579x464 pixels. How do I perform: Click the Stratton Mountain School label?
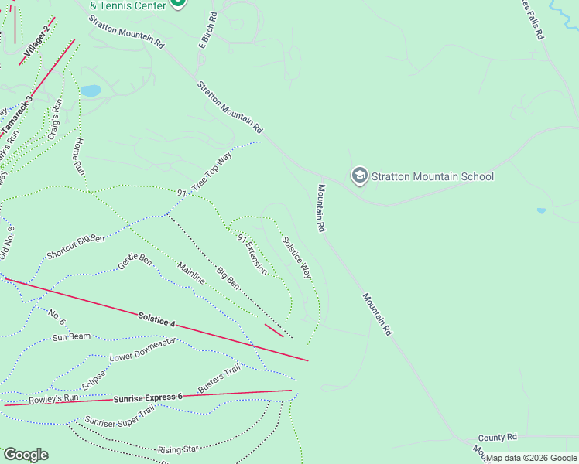(432, 176)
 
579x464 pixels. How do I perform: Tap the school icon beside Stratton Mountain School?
(359, 176)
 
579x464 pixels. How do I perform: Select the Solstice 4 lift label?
(157, 318)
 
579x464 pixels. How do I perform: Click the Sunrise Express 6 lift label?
(148, 398)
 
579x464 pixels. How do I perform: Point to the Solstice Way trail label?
(296, 258)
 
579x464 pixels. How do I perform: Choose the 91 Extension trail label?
(252, 254)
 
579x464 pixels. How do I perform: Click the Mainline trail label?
(191, 273)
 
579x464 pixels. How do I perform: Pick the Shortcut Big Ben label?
(75, 246)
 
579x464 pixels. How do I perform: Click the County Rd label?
(497, 438)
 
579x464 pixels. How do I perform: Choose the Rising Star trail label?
(179, 449)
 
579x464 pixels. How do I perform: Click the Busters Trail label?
(219, 378)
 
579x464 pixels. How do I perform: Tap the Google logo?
(26, 455)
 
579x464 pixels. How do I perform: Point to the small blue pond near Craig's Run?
(91, 91)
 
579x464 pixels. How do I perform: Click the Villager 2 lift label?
(36, 40)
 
